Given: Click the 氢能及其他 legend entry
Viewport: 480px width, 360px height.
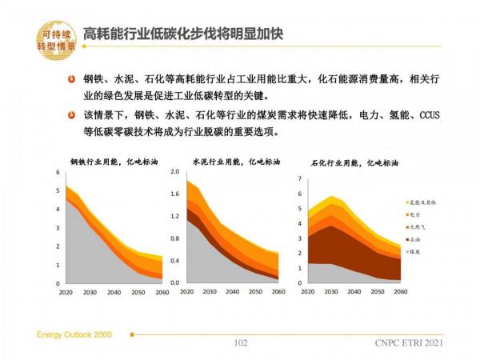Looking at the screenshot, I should [422, 202].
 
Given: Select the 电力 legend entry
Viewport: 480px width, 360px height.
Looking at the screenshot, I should [418, 214].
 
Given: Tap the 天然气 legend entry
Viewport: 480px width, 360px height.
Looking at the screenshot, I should [419, 227].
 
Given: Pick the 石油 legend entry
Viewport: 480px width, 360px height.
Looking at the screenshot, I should [418, 239].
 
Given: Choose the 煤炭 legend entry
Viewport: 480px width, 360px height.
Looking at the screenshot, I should [418, 252].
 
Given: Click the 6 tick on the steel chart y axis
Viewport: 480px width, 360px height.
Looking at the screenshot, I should [58, 173].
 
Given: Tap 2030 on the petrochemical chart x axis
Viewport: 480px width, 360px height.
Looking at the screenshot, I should [331, 291].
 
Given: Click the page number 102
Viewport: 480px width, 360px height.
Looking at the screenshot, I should [239, 343].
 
